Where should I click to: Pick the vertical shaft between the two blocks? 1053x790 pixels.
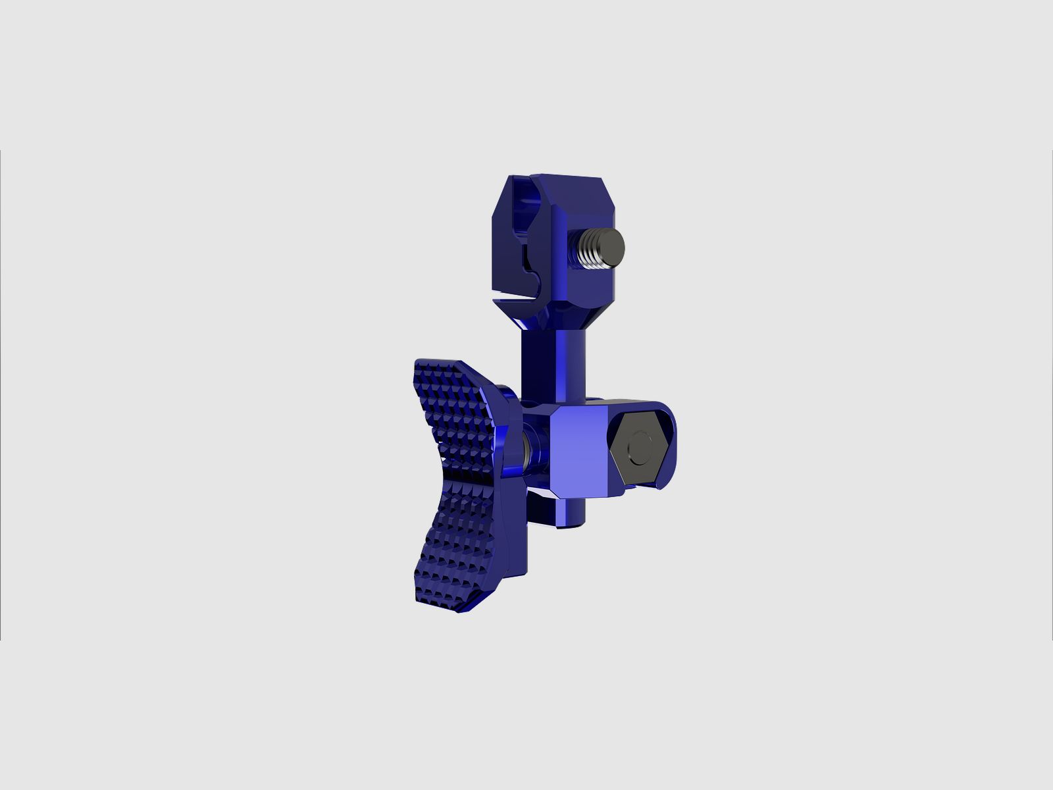pos(553,362)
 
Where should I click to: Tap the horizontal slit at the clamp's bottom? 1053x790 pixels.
pos(520,301)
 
